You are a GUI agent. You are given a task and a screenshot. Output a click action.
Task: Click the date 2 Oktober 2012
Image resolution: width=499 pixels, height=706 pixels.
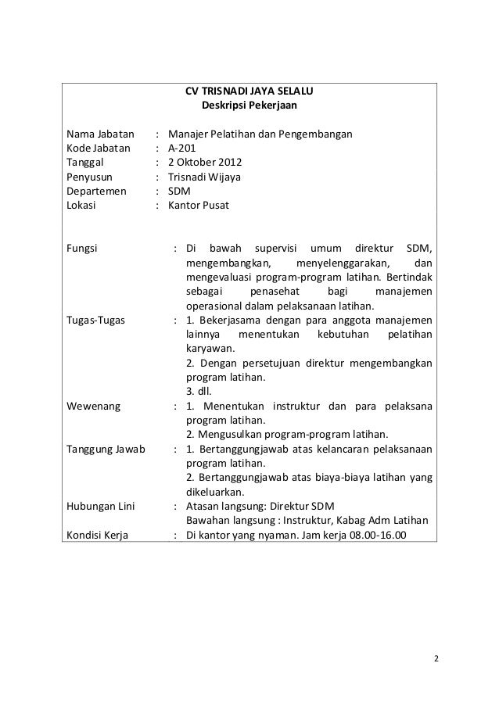tap(206, 163)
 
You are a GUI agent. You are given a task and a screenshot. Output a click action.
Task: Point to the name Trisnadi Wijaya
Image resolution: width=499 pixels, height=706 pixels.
tap(206, 178)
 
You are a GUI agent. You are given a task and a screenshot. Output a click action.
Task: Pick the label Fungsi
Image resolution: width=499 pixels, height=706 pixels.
tap(82, 249)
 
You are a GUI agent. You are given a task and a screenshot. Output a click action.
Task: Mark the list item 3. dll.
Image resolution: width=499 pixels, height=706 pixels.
tap(199, 392)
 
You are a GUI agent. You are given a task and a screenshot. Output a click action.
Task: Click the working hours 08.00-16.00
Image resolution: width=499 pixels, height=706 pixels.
tap(368, 536)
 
